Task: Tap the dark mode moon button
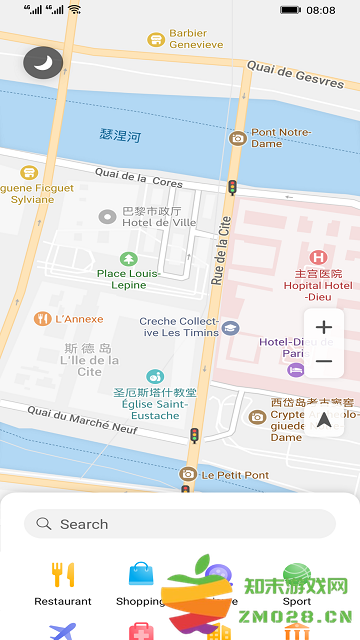(x=42, y=63)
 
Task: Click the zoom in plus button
(x=324, y=327)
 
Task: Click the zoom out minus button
(x=324, y=361)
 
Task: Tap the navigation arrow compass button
(x=324, y=420)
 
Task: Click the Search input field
(x=180, y=523)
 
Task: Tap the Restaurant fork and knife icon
(x=63, y=574)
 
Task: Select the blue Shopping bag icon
(x=141, y=574)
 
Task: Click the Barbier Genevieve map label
(x=195, y=39)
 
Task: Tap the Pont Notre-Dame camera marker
(x=238, y=138)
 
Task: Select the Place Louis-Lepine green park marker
(x=127, y=259)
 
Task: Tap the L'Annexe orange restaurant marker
(x=42, y=319)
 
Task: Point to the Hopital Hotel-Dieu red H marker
(x=317, y=257)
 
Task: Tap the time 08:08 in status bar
(x=321, y=10)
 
